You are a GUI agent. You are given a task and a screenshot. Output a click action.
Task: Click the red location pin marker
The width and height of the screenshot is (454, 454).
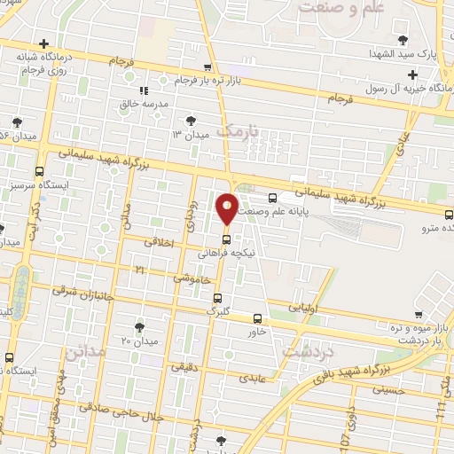pyautogui.click(x=227, y=208)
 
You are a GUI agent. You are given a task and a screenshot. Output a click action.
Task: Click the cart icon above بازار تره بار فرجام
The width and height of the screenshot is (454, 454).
pyautogui.click(x=207, y=67)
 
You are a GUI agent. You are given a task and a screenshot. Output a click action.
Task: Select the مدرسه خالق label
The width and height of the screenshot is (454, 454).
pyautogui.click(x=144, y=103)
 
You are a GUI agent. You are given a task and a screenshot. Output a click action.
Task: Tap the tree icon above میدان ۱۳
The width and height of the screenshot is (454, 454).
pyautogui.click(x=190, y=121)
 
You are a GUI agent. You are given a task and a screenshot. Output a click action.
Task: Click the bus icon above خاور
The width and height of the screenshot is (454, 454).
pyautogui.click(x=258, y=318)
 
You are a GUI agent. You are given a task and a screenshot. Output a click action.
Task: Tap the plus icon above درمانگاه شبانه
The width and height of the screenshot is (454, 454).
pyautogui.click(x=43, y=43)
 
